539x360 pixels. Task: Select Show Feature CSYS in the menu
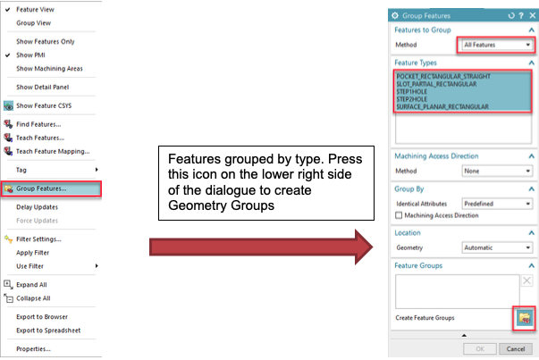(x=44, y=105)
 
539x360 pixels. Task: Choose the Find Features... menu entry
(x=38, y=124)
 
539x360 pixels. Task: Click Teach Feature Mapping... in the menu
(x=53, y=152)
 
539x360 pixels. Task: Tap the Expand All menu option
(x=31, y=285)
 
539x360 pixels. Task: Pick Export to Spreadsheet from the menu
(x=48, y=331)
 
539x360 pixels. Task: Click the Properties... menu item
(x=33, y=349)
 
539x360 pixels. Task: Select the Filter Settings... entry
(x=38, y=239)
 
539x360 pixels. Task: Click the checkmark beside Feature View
(x=7, y=10)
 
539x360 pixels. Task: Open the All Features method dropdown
(x=496, y=45)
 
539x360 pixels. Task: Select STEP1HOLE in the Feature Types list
(x=411, y=92)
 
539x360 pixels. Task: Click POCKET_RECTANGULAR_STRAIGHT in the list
(x=443, y=76)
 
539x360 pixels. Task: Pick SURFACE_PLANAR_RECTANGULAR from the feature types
(x=442, y=107)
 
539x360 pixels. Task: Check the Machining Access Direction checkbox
(x=399, y=215)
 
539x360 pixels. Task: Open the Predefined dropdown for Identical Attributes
(x=497, y=204)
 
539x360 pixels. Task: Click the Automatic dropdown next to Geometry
(x=497, y=247)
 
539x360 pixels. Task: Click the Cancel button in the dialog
(x=516, y=349)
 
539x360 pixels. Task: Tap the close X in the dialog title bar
(x=533, y=15)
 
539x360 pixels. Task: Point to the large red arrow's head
(x=372, y=247)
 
